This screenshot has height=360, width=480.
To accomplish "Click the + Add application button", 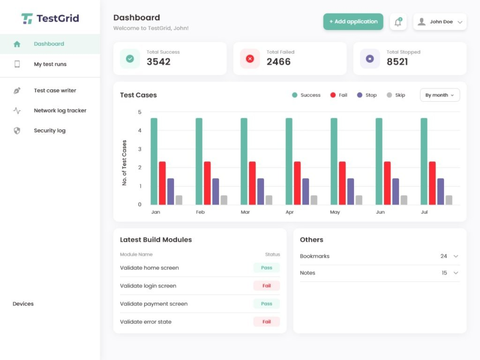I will pos(353,22).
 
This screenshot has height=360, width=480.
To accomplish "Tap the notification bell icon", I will pos(398,22).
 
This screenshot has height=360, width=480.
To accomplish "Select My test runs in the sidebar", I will pos(50,64).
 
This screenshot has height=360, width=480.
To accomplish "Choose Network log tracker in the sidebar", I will pos(60,111).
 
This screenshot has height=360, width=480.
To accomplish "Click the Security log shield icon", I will pos(17,131).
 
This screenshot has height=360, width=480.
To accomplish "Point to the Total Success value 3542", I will pos(158,62).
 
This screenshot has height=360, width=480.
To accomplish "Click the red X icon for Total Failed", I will pos(250,59).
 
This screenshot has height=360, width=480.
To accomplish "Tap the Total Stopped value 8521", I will pos(397,62).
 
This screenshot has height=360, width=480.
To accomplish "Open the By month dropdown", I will pos(439,95).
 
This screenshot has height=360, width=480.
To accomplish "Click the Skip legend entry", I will pos(396,95).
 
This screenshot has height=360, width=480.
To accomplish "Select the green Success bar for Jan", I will pos(154,161).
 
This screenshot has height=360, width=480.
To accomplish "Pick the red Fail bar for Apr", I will pos(297,183).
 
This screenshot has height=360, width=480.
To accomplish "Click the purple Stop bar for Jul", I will pos(441,191).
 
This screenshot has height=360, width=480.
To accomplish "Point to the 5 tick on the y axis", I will pos(139,112).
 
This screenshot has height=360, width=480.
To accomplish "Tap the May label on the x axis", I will pos(335,212).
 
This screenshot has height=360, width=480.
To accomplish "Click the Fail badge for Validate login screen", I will pos(266,285).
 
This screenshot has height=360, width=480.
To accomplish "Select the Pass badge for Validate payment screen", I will pos(266,304).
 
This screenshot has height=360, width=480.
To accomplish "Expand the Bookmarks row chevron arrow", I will pos(456,256).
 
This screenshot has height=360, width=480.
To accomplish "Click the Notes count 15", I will pos(444,273).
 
